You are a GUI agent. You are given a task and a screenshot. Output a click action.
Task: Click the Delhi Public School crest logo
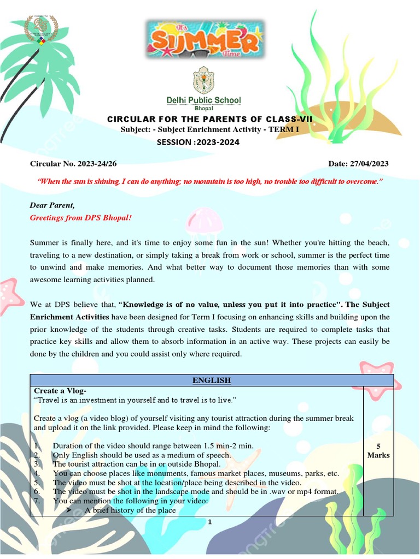click(203, 81)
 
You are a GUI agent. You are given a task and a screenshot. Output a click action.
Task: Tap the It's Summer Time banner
click(205, 39)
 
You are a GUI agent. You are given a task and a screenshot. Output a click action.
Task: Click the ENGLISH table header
click(212, 380)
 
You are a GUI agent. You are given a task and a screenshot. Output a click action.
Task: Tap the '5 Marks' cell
click(378, 450)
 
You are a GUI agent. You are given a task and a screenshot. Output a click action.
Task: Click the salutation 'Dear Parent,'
click(51, 205)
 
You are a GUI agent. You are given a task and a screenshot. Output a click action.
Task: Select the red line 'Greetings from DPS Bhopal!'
click(80, 217)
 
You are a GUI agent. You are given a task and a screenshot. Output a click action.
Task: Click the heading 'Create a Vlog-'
click(60, 391)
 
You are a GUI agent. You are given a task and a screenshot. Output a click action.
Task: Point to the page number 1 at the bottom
click(209, 523)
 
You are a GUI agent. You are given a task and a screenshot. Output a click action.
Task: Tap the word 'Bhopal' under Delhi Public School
click(203, 109)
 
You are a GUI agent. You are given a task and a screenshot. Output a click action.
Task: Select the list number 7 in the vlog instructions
click(36, 501)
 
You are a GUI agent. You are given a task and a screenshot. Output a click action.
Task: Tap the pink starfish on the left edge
click(10, 295)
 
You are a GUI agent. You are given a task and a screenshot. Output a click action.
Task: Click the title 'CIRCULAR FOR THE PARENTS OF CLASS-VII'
click(209, 119)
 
